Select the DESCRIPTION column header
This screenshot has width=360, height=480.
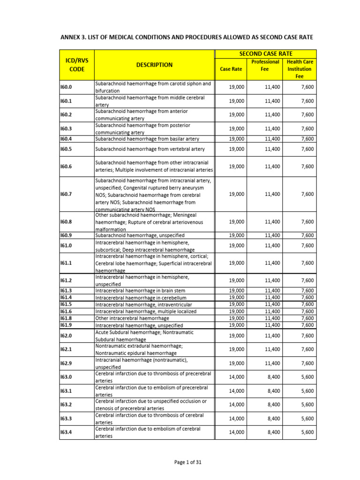pyautogui.click(x=154, y=65)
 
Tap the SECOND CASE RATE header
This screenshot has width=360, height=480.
pyautogui.click(x=265, y=54)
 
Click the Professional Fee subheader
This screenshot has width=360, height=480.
pyautogui.click(x=265, y=65)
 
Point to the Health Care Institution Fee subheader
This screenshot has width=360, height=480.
pyautogui.click(x=300, y=69)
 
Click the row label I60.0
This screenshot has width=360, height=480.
pyautogui.click(x=66, y=87)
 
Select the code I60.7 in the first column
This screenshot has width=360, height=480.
pyautogui.click(x=66, y=194)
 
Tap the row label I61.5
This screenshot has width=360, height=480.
pyautogui.click(x=66, y=304)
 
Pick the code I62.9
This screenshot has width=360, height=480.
pyautogui.click(x=66, y=363)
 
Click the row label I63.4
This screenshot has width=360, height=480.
pyautogui.click(x=66, y=432)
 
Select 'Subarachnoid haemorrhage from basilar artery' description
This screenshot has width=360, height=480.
pyautogui.click(x=147, y=139)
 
